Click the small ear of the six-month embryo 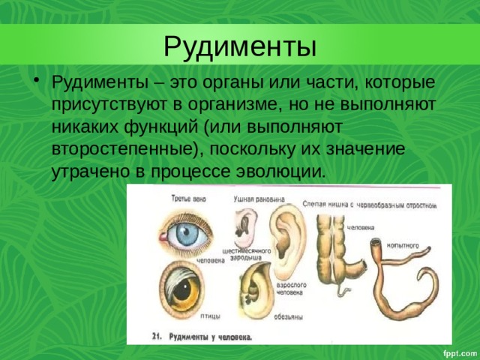coord(245,223)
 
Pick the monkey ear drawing coord(255,289)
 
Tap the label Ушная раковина coord(258,200)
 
